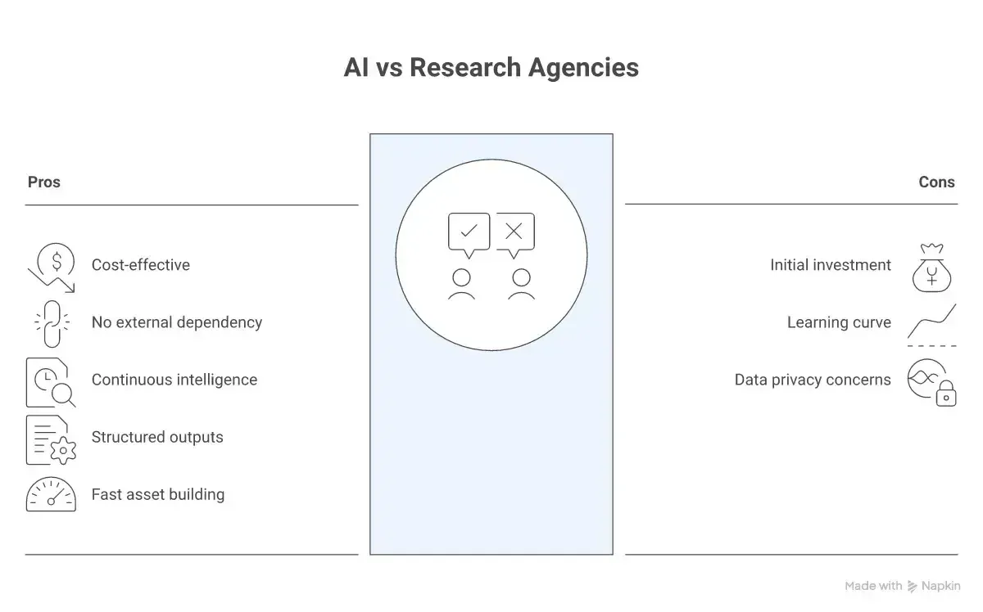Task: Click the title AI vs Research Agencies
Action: (491, 68)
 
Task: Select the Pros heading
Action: (44, 182)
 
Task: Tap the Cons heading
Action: (936, 182)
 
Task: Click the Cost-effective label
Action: (140, 265)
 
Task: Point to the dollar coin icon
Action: (56, 262)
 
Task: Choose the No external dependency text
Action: (177, 322)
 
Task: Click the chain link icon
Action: (52, 324)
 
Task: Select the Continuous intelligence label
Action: (174, 380)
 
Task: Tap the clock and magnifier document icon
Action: (51, 383)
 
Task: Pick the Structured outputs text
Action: (157, 437)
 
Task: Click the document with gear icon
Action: (51, 440)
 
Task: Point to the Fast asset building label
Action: (158, 494)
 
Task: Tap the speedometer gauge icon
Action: (51, 493)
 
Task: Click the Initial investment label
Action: (831, 265)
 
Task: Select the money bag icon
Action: (931, 268)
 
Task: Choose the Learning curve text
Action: (839, 322)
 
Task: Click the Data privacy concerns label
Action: (813, 380)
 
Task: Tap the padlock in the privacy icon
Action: (946, 394)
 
